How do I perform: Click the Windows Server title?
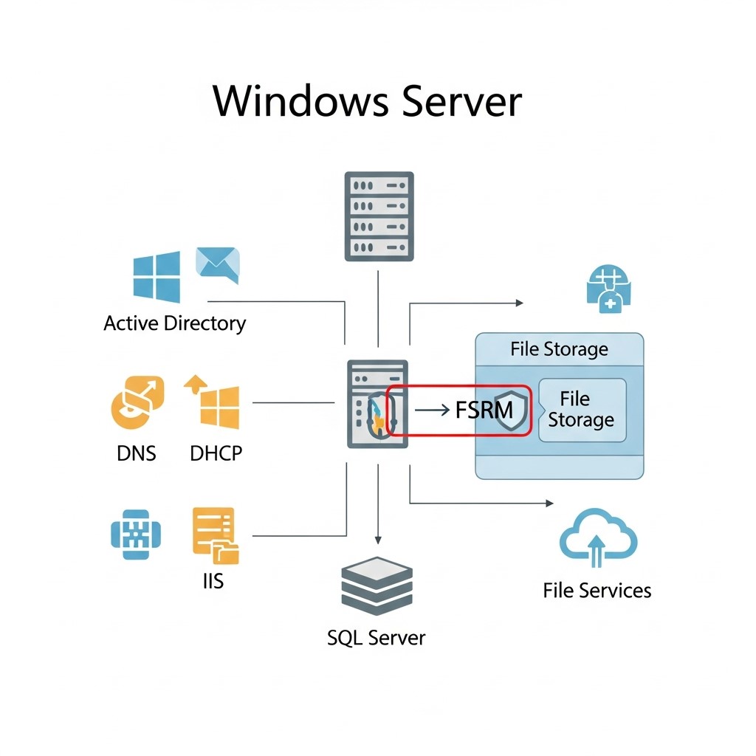click(x=368, y=101)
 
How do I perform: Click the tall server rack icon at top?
click(x=379, y=216)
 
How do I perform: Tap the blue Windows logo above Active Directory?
click(x=157, y=277)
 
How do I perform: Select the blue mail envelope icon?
click(x=218, y=265)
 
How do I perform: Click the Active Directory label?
click(x=174, y=323)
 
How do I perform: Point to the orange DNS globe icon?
click(x=137, y=402)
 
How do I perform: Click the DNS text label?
click(x=137, y=453)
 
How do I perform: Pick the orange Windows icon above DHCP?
click(x=212, y=402)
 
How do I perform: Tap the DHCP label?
click(x=216, y=453)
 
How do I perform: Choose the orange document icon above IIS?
click(x=216, y=535)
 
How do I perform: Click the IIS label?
click(x=213, y=581)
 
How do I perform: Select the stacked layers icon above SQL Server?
click(x=377, y=585)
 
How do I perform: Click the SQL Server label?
click(x=376, y=638)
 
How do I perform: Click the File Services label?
click(x=597, y=591)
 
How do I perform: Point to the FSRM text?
click(x=484, y=410)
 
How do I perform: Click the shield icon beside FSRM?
click(x=511, y=410)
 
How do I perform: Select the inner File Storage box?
click(x=583, y=410)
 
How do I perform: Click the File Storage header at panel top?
click(x=560, y=349)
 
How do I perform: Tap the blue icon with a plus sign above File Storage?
click(x=608, y=289)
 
